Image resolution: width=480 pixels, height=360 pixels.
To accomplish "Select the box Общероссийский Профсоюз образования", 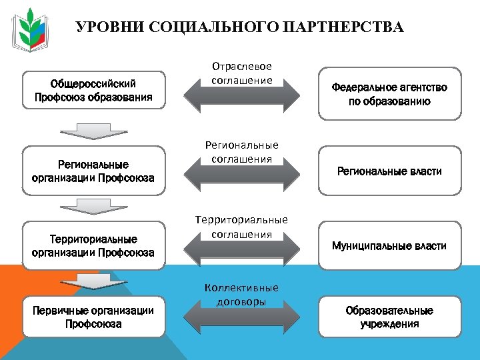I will tap(93, 91).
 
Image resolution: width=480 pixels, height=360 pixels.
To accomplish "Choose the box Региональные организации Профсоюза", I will tap(93, 171).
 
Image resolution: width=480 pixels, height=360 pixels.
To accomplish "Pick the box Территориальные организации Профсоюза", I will tap(93, 245).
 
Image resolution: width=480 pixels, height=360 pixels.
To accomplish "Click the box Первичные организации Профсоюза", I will tap(93, 317).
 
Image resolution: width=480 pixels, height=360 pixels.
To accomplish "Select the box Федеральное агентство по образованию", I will tap(389, 94).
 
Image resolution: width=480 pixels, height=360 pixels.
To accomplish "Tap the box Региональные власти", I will tap(389, 171).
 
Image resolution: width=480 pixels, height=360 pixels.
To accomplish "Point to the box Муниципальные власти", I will tap(389, 246).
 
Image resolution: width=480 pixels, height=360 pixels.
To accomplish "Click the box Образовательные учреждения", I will tap(389, 317).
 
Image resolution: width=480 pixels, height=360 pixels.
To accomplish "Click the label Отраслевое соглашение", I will tap(241, 73).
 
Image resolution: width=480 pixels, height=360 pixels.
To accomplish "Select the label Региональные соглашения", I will tap(241, 152).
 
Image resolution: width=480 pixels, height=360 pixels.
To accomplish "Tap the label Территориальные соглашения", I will tap(241, 227).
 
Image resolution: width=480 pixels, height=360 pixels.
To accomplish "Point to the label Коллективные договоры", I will tap(241, 294).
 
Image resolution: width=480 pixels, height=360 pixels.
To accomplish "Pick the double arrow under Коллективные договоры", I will tap(241, 316).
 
